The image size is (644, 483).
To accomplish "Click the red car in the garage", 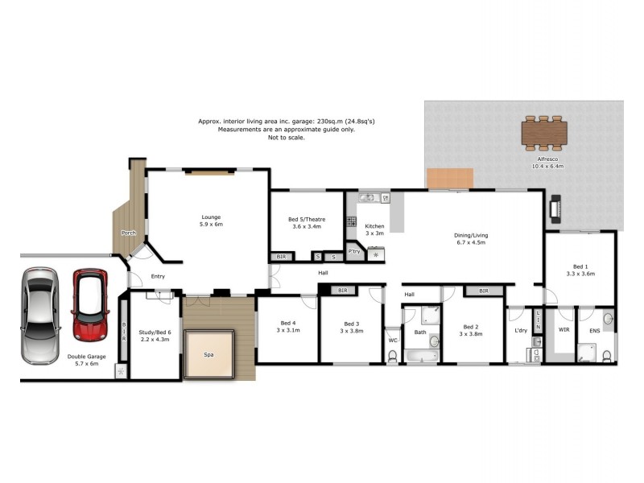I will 89,305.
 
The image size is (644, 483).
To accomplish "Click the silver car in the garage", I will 39,315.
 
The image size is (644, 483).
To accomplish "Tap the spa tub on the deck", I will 209,353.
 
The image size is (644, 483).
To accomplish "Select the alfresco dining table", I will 544,132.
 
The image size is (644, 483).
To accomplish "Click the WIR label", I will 563,330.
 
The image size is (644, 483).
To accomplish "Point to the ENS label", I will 594,330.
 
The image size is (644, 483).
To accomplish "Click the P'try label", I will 354,251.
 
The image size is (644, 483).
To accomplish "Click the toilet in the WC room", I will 392,355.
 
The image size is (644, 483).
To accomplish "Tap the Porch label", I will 127,233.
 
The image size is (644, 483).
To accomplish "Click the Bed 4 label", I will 288,326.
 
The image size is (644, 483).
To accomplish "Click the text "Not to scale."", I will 287,138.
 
